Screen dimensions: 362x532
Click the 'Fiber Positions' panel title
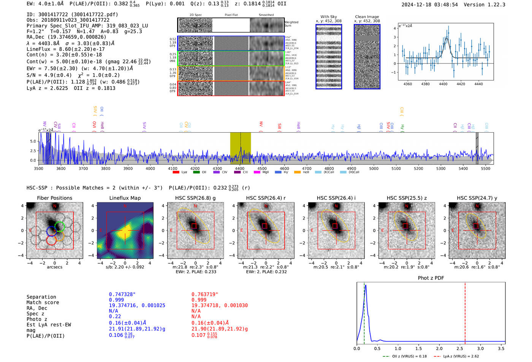click(x=54, y=198)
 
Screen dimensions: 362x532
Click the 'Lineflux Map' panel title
click(x=125, y=198)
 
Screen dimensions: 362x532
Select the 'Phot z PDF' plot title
click(x=431, y=278)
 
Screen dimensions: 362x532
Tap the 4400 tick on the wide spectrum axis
click(x=240, y=168)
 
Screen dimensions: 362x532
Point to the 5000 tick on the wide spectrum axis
click(x=374, y=168)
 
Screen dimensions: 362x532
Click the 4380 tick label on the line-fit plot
click(x=425, y=84)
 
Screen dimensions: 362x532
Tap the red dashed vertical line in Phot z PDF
click(x=465, y=311)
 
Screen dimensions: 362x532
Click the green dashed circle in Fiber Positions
click(x=60, y=226)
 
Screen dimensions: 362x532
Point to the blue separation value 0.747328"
click(x=122, y=294)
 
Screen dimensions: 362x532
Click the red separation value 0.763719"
click(x=205, y=294)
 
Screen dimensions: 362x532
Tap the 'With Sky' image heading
click(x=328, y=17)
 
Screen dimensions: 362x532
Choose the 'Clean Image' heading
click(x=367, y=17)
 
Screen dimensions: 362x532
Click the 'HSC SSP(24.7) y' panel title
click(x=477, y=198)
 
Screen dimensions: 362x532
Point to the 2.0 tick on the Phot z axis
click(x=439, y=348)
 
